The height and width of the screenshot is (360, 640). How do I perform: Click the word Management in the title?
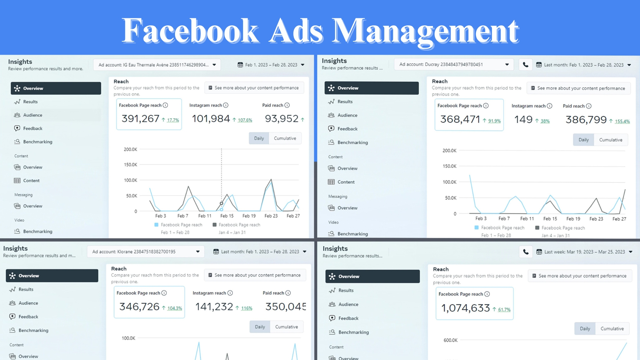[425, 32]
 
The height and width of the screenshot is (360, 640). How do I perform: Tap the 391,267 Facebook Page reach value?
[140, 119]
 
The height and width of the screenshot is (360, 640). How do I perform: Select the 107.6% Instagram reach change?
[245, 120]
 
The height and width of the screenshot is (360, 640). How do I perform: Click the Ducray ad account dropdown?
[454, 65]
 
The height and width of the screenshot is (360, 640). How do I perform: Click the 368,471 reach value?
[460, 119]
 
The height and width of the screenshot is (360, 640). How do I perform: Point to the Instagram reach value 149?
[523, 120]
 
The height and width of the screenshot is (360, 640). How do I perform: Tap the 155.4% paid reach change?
[622, 122]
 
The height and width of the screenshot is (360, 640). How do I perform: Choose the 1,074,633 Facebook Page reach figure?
[465, 308]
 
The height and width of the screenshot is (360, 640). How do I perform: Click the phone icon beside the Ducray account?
[525, 65]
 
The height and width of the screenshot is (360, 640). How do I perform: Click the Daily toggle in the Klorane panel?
[260, 327]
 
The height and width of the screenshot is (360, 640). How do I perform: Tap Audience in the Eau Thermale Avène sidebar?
[33, 115]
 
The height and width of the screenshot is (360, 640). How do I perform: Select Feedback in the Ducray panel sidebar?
[347, 129]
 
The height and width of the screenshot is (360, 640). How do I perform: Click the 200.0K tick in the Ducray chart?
[449, 151]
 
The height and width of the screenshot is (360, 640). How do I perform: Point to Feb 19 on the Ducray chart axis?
[573, 219]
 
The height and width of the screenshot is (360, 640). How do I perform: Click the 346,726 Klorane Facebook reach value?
[139, 307]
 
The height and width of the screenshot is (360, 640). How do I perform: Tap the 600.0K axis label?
[450, 340]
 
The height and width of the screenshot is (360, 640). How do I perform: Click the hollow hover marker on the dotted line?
[221, 203]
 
